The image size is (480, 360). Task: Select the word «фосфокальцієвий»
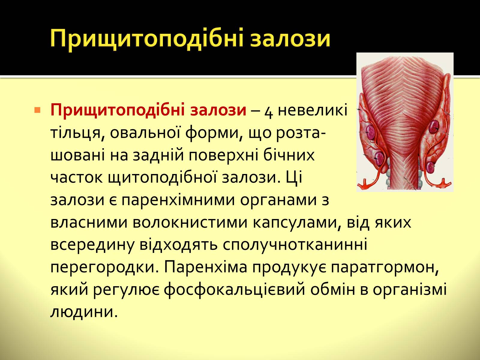[234, 290]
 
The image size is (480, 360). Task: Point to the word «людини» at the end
[84, 312]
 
